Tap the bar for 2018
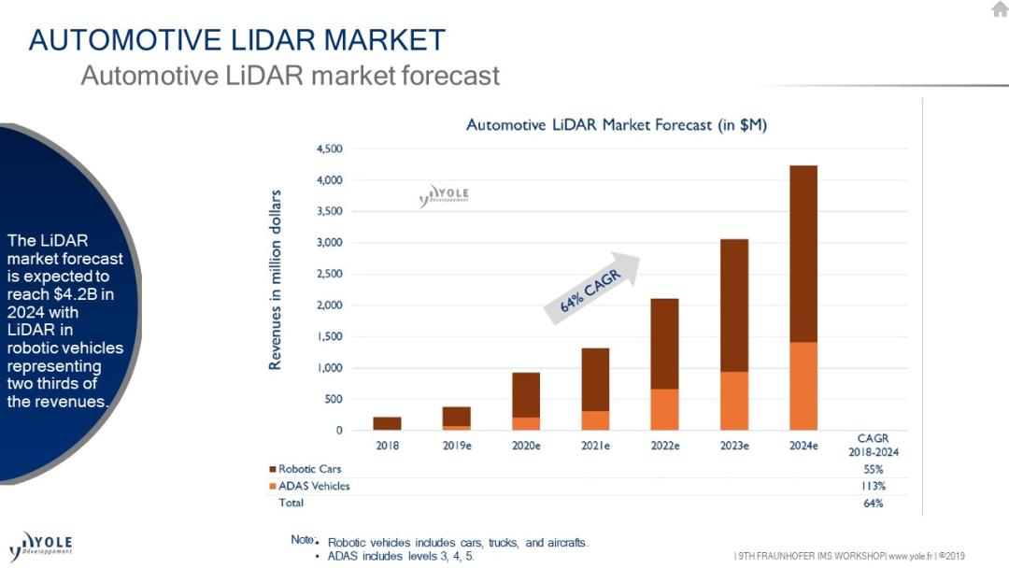pos(387,423)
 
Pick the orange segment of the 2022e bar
pos(664,409)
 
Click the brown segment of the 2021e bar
pos(595,379)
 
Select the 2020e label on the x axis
pos(526,446)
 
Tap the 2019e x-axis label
pos(457,446)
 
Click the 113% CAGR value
pos(873,486)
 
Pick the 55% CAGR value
pos(873,469)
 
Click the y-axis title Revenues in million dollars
pos(276,280)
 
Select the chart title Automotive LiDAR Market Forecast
pos(616,125)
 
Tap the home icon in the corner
pos(999,9)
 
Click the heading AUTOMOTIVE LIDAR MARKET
pos(237,40)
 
